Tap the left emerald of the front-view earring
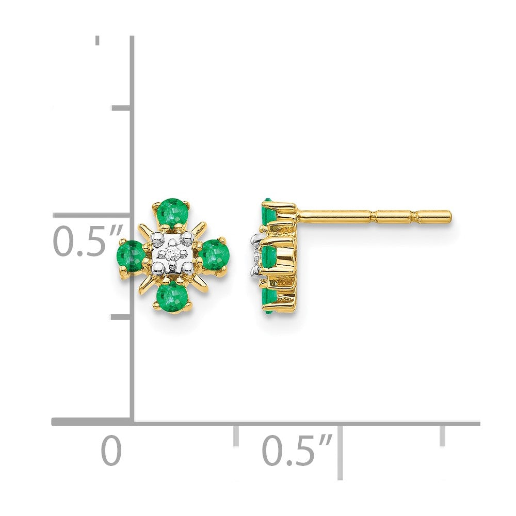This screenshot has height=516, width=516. (x=132, y=255)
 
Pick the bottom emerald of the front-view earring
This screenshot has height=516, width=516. (x=171, y=297)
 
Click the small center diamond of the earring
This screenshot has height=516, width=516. (x=172, y=253)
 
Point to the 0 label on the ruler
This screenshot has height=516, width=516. (x=111, y=450)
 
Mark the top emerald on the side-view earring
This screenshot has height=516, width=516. (x=267, y=212)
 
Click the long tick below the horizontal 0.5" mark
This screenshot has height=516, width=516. (x=339, y=451)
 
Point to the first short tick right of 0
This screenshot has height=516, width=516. (x=236, y=436)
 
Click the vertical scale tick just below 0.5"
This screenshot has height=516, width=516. (x=121, y=316)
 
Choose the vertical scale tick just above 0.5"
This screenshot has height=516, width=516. (x=121, y=108)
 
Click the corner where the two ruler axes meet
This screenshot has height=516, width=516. (x=133, y=422)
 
